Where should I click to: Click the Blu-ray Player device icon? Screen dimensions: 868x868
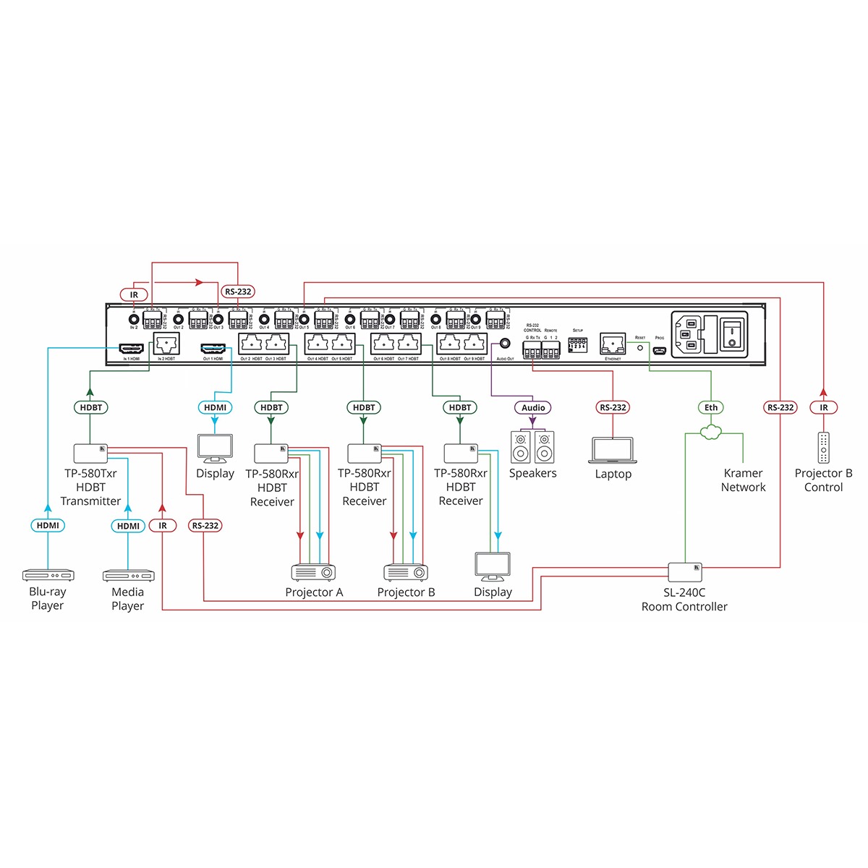48,576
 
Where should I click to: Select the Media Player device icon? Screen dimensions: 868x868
128,576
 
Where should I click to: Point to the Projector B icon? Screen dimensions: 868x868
406,572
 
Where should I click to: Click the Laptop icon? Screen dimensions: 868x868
613,451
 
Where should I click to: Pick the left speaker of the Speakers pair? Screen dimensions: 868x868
521,447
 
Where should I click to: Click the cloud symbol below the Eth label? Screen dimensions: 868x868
712,432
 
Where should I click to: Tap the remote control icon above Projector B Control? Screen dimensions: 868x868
823,448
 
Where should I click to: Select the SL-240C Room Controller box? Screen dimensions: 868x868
685,572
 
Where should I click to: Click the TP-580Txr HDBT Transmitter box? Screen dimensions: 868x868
91,454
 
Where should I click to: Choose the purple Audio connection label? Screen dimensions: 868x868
533,408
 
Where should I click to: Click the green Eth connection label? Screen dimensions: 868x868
712,408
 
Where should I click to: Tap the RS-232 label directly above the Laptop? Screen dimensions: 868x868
613,408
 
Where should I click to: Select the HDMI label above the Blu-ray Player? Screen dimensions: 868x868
48,526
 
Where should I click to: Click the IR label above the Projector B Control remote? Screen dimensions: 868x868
823,408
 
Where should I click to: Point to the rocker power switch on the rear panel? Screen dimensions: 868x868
733,333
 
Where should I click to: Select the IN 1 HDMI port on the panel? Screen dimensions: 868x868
131,349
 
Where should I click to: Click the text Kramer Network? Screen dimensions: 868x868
743,480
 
